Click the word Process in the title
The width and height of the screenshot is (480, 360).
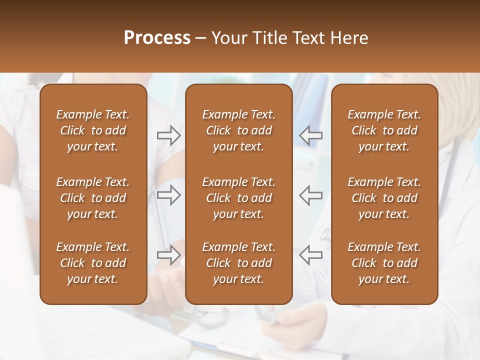[x=157, y=38]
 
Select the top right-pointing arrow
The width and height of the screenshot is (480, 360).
[x=168, y=135]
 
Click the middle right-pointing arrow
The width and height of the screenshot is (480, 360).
[x=168, y=195]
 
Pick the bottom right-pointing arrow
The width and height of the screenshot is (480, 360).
[x=168, y=255]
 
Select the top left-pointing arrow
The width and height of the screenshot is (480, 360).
[x=311, y=135]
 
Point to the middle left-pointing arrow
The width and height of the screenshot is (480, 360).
[x=311, y=195]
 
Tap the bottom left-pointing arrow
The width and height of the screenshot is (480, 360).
[x=311, y=255]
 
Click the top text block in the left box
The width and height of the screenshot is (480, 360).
[x=93, y=130]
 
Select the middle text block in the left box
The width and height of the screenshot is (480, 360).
[x=93, y=198]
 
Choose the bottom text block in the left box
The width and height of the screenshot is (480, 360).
[x=93, y=263]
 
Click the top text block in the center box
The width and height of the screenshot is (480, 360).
[x=238, y=130]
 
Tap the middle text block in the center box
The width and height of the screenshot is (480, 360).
[x=238, y=198]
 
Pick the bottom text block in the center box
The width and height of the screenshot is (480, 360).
[x=238, y=263]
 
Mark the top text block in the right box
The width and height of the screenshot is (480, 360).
[x=384, y=130]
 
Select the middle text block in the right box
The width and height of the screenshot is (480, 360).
[x=384, y=198]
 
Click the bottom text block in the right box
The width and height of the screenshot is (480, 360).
[x=384, y=263]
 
